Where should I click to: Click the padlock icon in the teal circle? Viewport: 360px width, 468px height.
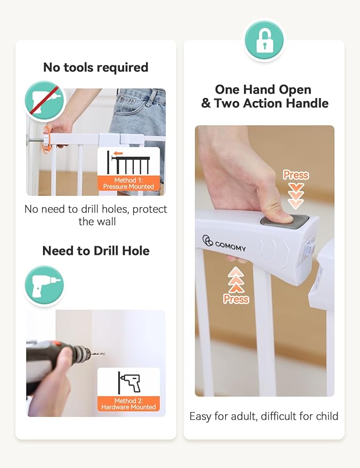[x=264, y=40]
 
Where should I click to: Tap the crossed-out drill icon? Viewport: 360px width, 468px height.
[x=44, y=101]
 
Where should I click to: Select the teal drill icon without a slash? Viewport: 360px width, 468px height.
[x=44, y=285]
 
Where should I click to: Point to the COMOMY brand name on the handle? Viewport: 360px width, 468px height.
[x=230, y=246]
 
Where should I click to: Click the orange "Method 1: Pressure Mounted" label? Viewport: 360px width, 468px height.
[x=129, y=183]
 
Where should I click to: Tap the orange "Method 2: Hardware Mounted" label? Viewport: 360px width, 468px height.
[x=129, y=404]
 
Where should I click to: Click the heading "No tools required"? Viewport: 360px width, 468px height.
[x=96, y=67]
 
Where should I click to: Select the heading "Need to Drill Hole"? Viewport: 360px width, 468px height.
[x=96, y=251]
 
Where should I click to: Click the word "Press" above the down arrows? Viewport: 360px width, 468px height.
[x=296, y=175]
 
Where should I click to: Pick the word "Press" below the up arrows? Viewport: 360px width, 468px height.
[x=236, y=299]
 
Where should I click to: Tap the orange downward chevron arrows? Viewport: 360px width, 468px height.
[x=296, y=196]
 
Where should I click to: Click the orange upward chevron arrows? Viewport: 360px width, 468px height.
[x=236, y=280]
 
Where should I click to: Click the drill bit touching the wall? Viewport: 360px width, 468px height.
[x=97, y=354]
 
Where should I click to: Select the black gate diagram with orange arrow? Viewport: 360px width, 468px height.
[x=128, y=162]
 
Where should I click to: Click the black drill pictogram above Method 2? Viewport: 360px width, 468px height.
[x=129, y=383]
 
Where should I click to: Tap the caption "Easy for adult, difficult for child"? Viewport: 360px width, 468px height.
[x=264, y=416]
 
